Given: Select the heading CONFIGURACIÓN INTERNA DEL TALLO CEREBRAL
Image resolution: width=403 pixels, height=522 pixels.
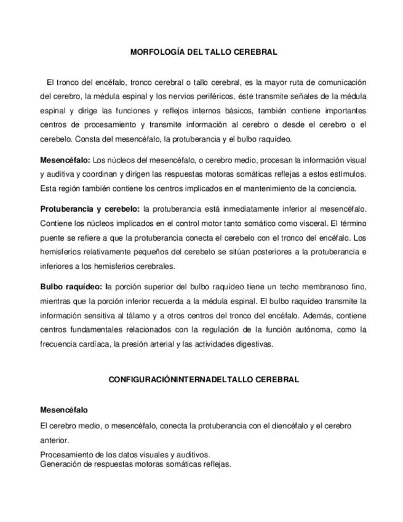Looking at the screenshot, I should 204,380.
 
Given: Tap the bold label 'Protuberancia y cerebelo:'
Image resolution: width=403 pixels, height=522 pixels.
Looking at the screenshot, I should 90,209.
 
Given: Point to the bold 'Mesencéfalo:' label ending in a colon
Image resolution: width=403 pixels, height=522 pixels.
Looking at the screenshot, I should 65,160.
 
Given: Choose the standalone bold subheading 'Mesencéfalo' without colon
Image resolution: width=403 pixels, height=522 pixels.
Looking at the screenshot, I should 64,410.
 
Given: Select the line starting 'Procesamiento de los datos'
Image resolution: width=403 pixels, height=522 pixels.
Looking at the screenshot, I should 125,455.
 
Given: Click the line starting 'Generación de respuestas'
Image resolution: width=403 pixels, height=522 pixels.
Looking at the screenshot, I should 135,464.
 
